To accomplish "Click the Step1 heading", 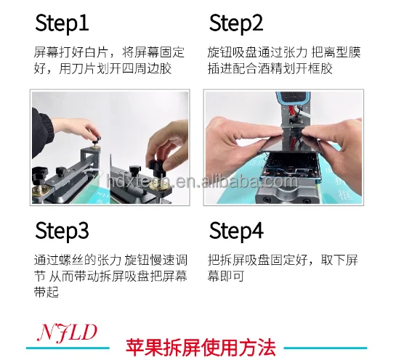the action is pyautogui.click(x=62, y=24).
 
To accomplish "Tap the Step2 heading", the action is pyautogui.click(x=236, y=24).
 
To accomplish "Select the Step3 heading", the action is pyautogui.click(x=62, y=231).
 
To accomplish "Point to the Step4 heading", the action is pyautogui.click(x=236, y=231).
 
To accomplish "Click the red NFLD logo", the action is pyautogui.click(x=67, y=332).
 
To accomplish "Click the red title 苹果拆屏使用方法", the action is pyautogui.click(x=201, y=348).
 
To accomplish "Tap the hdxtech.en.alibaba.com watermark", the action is pyautogui.click(x=202, y=181).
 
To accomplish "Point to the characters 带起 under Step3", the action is pyautogui.click(x=47, y=292).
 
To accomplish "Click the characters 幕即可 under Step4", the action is pyautogui.click(x=226, y=276).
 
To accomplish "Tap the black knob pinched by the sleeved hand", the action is pyautogui.click(x=95, y=141).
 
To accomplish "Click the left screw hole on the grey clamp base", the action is pyautogui.click(x=267, y=200).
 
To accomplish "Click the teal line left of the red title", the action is pyautogui.click(x=68, y=348).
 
